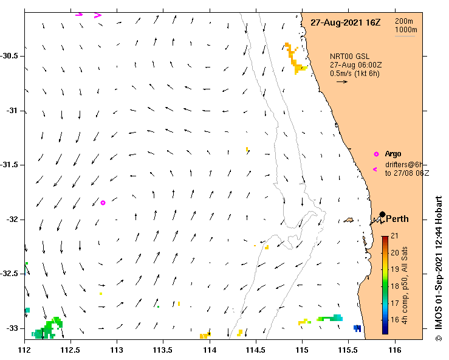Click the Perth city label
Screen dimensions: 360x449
(x=397, y=220)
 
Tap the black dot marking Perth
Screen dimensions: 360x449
(x=382, y=214)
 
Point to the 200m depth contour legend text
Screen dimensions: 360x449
(x=405, y=21)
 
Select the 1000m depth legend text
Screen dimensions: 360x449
(x=406, y=30)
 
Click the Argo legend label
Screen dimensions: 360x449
(x=393, y=154)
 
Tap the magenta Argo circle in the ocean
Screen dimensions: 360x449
(x=103, y=202)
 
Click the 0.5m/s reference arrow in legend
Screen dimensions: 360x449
(x=341, y=81)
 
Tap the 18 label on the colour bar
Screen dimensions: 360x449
(x=394, y=286)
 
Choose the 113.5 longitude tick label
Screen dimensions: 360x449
(x=163, y=350)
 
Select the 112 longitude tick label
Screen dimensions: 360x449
(x=25, y=350)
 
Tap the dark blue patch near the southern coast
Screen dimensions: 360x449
(x=357, y=328)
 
